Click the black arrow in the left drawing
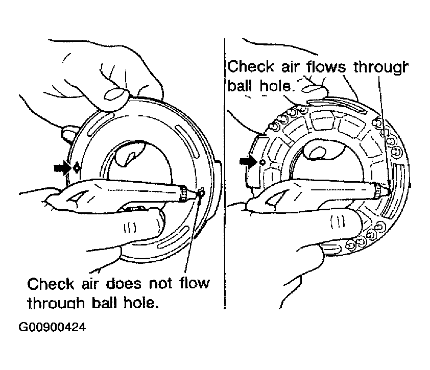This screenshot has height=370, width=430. point(63,167)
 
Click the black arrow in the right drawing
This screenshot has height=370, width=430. point(249,161)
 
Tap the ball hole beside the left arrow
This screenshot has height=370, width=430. point(77,167)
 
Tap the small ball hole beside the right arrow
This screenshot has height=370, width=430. point(262,162)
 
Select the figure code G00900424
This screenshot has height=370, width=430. point(52,327)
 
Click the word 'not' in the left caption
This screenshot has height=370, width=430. point(161,284)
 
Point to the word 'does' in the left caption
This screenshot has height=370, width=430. point(124,284)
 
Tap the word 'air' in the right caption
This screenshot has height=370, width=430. point(290,67)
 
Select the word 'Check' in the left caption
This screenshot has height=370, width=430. point(51,284)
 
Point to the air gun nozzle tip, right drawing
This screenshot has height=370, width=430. point(388,191)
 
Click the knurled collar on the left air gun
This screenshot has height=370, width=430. point(183,194)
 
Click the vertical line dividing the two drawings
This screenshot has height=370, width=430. point(224,174)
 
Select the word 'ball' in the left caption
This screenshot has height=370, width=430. point(104,303)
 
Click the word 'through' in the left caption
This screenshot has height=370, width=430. point(56,304)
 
